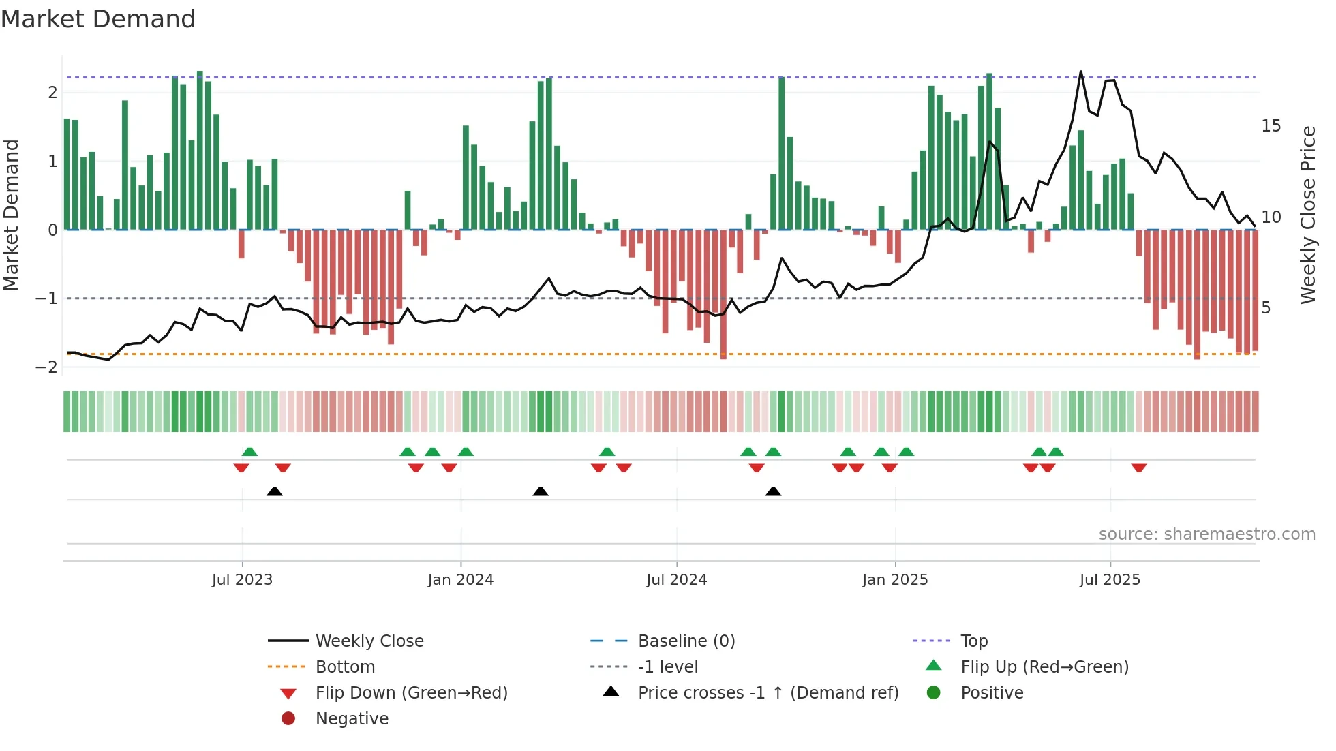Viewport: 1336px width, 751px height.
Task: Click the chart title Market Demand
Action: coord(98,18)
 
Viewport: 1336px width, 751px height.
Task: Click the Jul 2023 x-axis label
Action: coord(242,579)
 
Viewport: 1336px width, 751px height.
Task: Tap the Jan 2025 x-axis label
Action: coord(894,579)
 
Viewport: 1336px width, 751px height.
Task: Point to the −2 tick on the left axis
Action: coord(47,367)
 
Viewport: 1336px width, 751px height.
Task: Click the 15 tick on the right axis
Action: coord(1271,126)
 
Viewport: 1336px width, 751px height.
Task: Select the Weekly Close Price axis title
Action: coord(1307,215)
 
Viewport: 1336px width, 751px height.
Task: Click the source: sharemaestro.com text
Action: coord(1206,534)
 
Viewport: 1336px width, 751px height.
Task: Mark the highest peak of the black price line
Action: coord(1080,72)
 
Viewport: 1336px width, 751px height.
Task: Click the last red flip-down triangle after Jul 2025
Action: coord(1138,468)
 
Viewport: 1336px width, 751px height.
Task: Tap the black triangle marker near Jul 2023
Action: coord(274,491)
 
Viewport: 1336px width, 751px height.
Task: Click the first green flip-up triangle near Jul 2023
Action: coord(249,452)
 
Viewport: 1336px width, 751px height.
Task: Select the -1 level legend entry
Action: coord(667,666)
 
